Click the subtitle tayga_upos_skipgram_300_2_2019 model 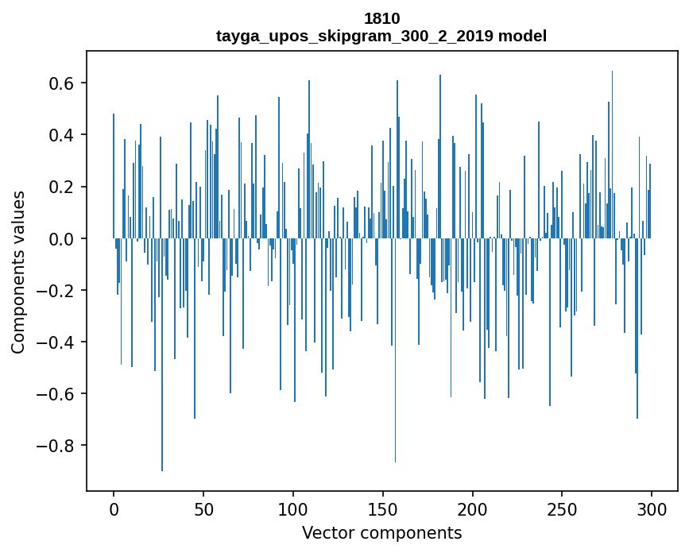[x=381, y=36]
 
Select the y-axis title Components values [x=17, y=272]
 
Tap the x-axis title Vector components [x=381, y=532]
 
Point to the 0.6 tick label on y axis [x=63, y=83]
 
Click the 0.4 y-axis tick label [x=63, y=135]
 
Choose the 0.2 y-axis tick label [x=63, y=187]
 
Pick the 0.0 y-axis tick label [x=63, y=238]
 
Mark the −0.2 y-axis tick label [x=57, y=290]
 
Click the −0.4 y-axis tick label [x=57, y=342]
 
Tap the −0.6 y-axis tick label [x=57, y=393]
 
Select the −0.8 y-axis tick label [x=57, y=445]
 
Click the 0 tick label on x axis [x=114, y=509]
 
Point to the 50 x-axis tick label [x=203, y=509]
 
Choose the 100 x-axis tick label [x=293, y=509]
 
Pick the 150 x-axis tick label [x=382, y=509]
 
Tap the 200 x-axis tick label [x=472, y=509]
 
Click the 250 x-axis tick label [x=562, y=509]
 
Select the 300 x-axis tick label [x=652, y=509]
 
